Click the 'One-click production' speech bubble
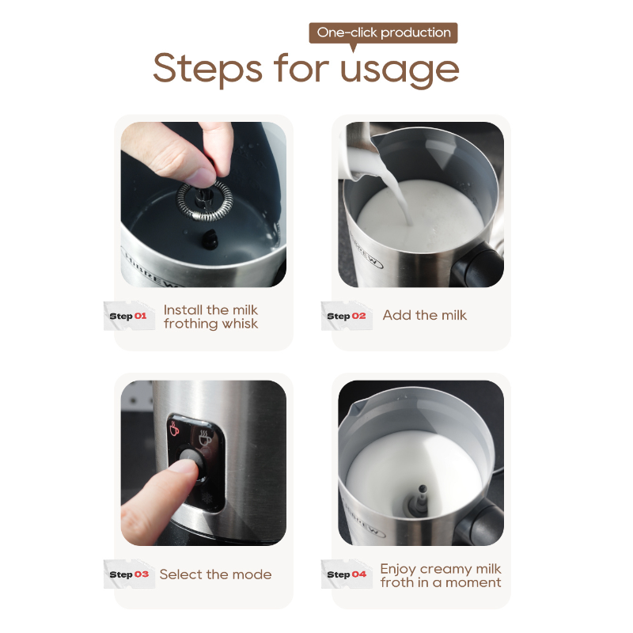click(383, 33)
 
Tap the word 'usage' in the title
click(400, 69)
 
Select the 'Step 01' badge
click(129, 316)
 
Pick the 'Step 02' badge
click(347, 316)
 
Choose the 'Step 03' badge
click(129, 574)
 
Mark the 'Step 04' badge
click(347, 574)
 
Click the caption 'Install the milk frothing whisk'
click(210, 316)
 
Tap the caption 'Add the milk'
click(424, 315)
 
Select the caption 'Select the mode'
click(215, 574)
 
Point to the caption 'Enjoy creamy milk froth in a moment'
click(440, 575)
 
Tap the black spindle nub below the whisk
click(213, 235)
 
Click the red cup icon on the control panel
click(175, 430)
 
